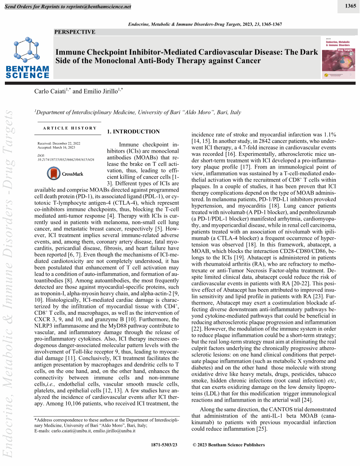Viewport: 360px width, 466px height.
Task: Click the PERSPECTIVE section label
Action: [x=75, y=32]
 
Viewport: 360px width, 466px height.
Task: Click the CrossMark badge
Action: [x=65, y=173]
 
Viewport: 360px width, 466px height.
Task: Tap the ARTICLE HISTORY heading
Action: [x=70, y=128]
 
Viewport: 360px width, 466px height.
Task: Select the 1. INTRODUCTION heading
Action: [x=133, y=132]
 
